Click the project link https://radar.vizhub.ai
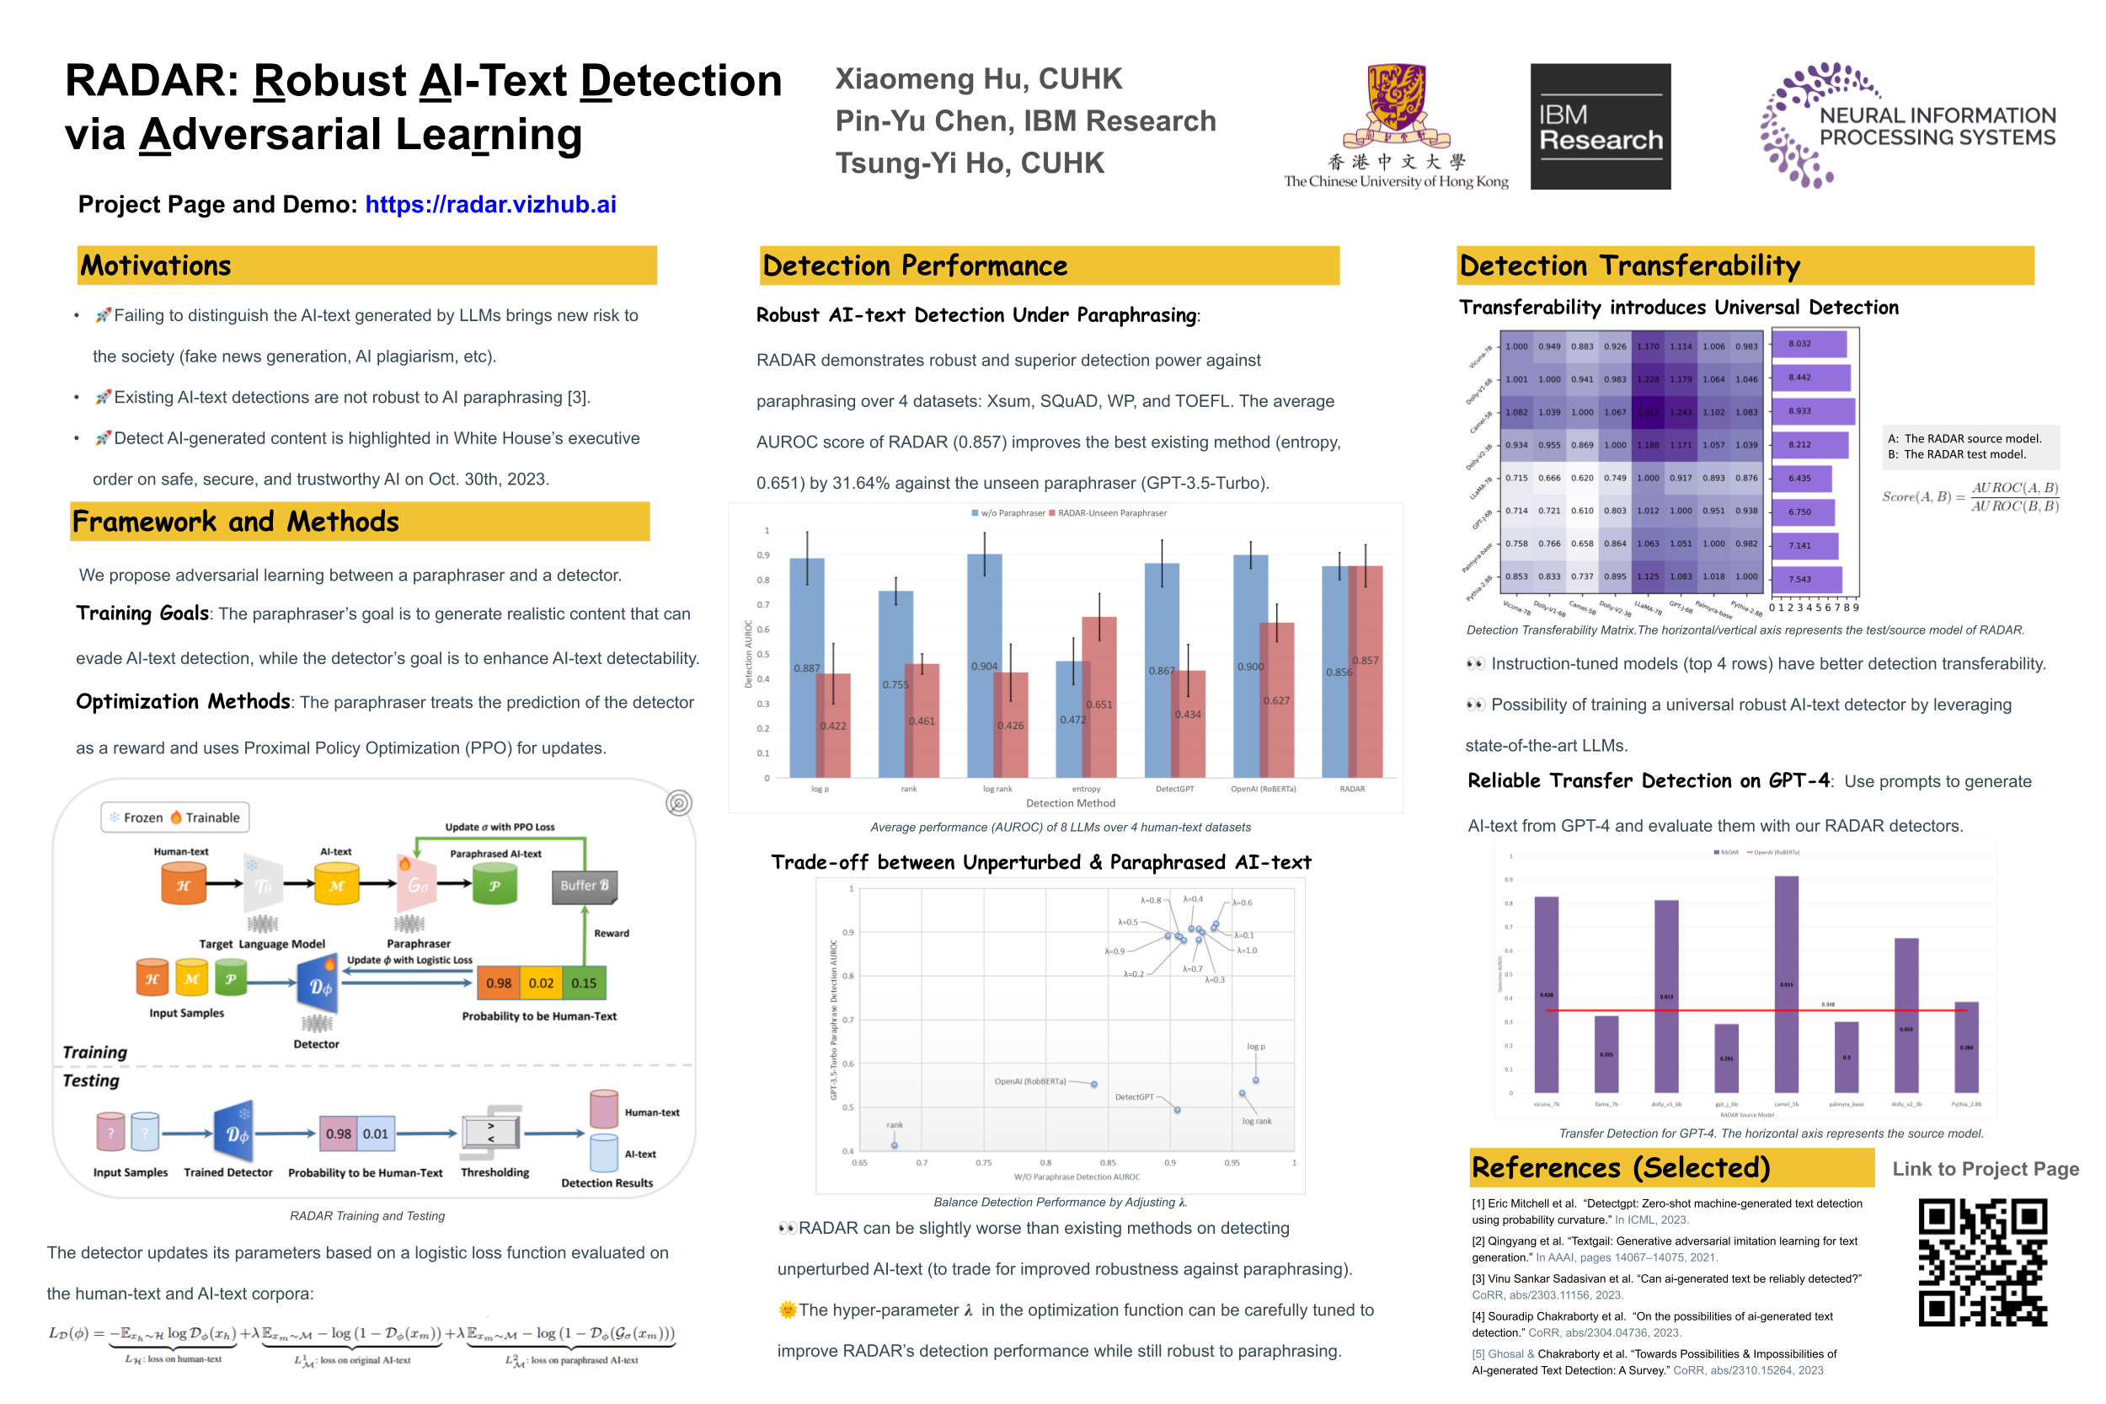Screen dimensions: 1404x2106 489,204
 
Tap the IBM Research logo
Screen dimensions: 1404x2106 1600,126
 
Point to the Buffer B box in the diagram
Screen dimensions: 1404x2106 584,886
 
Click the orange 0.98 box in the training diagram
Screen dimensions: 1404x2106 498,983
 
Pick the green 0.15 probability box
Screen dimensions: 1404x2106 584,983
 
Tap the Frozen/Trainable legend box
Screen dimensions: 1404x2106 174,817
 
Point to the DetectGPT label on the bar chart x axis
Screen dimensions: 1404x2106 1173,789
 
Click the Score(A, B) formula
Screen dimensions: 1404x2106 1969,497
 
